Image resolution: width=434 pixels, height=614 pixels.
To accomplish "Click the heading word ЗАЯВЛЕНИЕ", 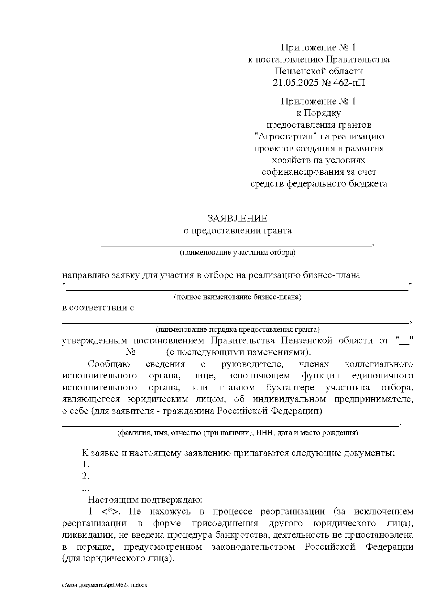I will tap(237, 219).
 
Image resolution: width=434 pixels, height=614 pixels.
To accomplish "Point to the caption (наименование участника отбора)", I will tap(237, 253).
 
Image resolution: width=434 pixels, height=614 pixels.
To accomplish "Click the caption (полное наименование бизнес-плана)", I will tap(237, 297).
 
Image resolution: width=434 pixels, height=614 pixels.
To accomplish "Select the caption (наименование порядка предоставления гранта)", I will tap(237, 330).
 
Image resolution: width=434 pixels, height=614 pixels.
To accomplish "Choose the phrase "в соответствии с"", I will tap(98, 308).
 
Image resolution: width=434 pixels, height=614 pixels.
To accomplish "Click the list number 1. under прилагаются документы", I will tap(85, 464).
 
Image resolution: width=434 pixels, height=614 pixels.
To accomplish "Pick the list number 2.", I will tap(85, 476).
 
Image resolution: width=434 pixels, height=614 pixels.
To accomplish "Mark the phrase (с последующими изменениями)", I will tap(238, 352).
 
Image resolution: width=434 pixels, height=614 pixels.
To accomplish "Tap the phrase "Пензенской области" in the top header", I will tap(318, 71).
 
